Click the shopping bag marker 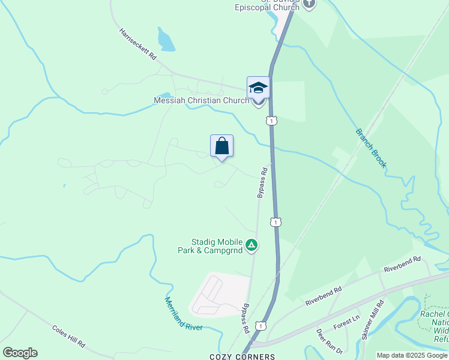click(x=221, y=146)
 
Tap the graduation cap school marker click(x=258, y=88)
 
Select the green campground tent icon click(x=253, y=244)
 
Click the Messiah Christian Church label click(x=201, y=100)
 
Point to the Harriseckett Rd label click(x=137, y=44)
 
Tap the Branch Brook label click(x=371, y=148)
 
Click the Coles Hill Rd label click(x=68, y=338)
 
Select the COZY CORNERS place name click(x=242, y=356)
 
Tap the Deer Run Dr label click(x=329, y=341)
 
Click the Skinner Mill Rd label click(x=372, y=320)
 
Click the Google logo click(x=20, y=352)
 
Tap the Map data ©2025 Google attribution click(x=412, y=355)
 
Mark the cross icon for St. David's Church click(x=309, y=4)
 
